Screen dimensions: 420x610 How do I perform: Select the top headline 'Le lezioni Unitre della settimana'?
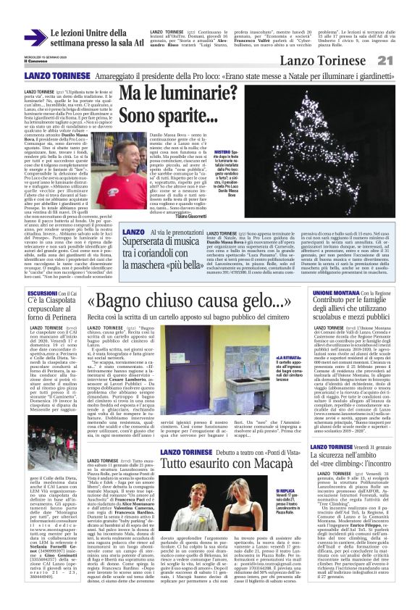[x=94, y=37]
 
